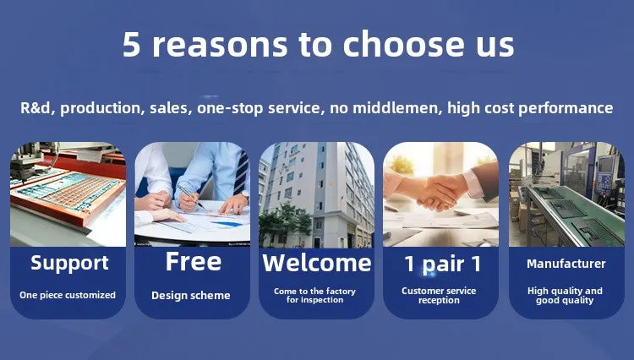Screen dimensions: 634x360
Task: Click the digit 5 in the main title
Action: pos(131,44)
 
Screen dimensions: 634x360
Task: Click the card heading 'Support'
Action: pos(69,263)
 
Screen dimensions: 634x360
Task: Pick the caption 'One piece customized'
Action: pos(68,295)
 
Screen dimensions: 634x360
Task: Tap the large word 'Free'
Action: pos(194,261)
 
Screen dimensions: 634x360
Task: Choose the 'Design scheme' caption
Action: pos(191,296)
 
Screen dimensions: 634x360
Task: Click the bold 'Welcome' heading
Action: pos(317,263)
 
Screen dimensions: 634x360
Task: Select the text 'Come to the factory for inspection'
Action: pos(314,296)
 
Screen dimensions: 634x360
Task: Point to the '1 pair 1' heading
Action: pos(442,264)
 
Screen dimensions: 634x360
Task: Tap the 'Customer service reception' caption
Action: pos(439,296)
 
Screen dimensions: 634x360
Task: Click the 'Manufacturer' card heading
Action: pos(566,264)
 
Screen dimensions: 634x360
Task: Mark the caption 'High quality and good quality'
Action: pos(565,296)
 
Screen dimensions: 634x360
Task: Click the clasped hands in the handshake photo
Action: pos(437,191)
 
